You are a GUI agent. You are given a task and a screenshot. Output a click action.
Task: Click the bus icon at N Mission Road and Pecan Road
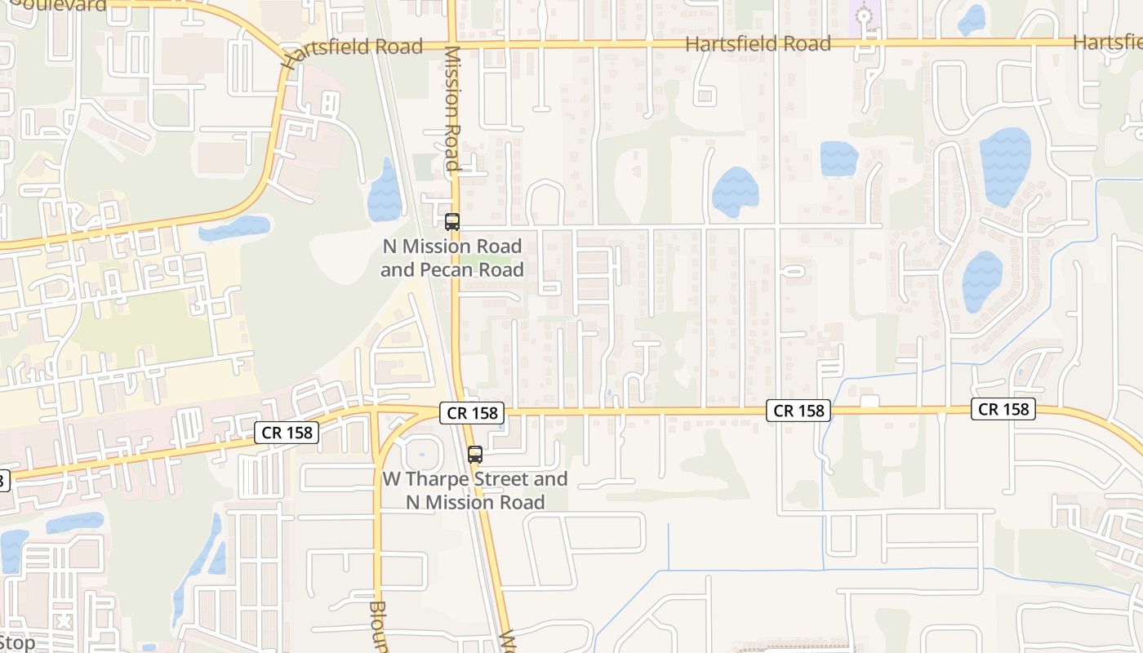(451, 221)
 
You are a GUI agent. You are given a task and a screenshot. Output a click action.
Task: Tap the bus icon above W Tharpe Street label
(474, 455)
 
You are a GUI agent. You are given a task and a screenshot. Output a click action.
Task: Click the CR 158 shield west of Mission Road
(287, 433)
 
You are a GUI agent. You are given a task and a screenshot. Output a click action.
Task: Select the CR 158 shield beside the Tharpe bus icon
(473, 413)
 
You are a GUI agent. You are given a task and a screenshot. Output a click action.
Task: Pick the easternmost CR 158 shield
(1003, 409)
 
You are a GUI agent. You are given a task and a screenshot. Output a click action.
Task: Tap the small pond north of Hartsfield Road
(971, 20)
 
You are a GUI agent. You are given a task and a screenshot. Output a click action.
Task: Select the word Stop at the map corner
(17, 642)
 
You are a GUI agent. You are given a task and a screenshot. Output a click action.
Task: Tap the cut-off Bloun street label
(377, 627)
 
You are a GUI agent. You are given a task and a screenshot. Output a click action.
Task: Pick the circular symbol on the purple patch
(863, 15)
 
